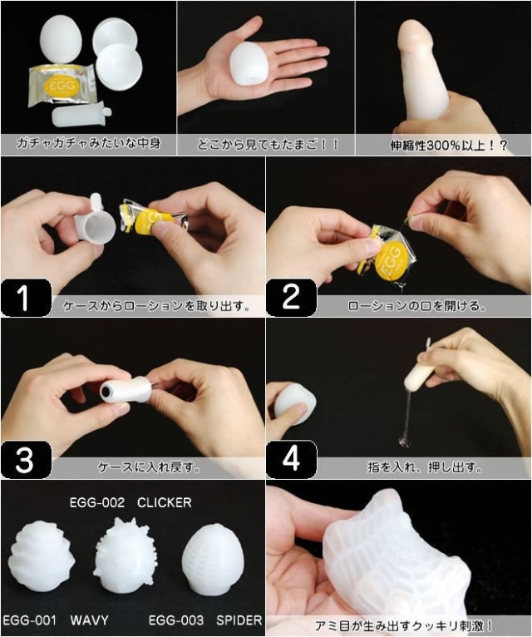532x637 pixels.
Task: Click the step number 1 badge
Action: point(26,298)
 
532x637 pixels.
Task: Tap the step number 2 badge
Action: point(291,298)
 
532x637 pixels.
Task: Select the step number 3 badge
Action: point(26,460)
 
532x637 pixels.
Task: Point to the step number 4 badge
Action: point(291,460)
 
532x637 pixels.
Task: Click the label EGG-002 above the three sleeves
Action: point(97,503)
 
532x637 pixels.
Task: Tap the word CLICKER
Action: point(164,503)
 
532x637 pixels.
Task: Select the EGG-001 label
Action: point(29,620)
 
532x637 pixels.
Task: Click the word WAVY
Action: point(89,620)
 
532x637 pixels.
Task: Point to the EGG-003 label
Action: point(176,620)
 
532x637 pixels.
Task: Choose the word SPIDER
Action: point(239,620)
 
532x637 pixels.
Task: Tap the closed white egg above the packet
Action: point(62,38)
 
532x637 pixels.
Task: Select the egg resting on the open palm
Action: point(249,64)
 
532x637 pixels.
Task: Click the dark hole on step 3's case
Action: point(106,391)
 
